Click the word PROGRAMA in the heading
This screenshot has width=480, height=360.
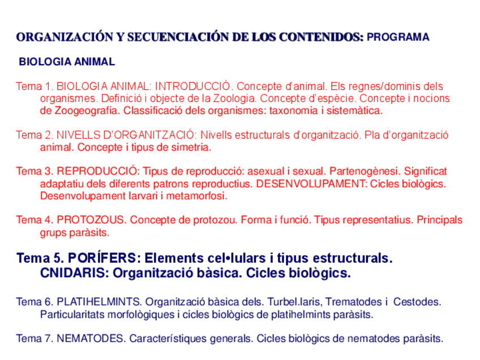click(x=398, y=37)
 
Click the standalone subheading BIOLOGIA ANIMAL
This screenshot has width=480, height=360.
click(x=67, y=62)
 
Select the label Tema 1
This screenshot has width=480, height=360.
click(x=34, y=87)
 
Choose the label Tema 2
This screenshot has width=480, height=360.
click(x=34, y=135)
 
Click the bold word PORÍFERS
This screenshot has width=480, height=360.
click(x=102, y=258)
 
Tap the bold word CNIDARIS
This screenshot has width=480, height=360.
click(x=74, y=273)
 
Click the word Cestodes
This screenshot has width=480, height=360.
click(x=417, y=302)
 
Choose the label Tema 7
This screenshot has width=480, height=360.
click(x=34, y=339)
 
